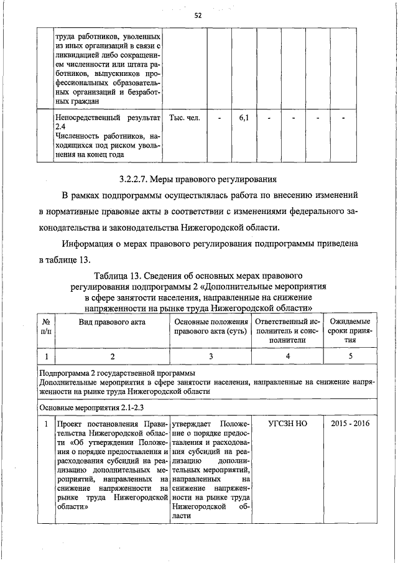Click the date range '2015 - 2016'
click(351, 423)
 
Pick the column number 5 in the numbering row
click(351, 356)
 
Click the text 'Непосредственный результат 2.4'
click(107, 122)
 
